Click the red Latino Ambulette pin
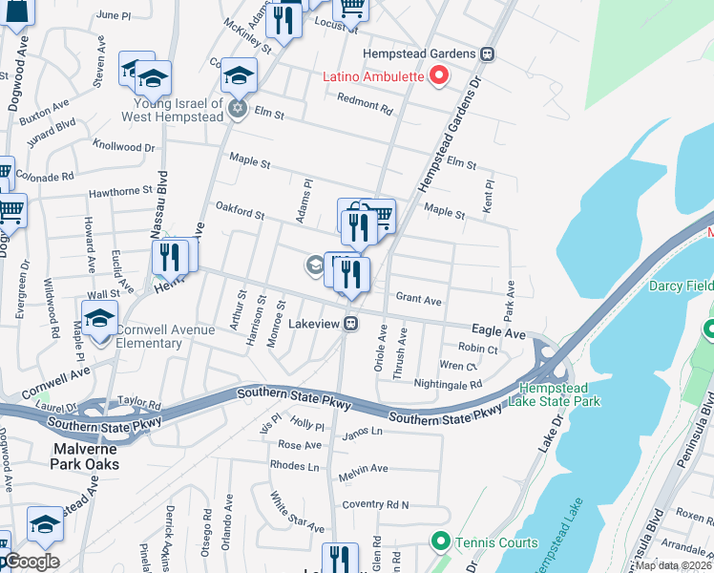coord(439,75)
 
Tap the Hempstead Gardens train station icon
coord(488,54)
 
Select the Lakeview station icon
coord(351,324)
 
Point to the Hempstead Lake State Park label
coord(559,394)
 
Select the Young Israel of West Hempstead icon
coord(239,110)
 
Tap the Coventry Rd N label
coord(375,504)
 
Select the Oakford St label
coord(240,211)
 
